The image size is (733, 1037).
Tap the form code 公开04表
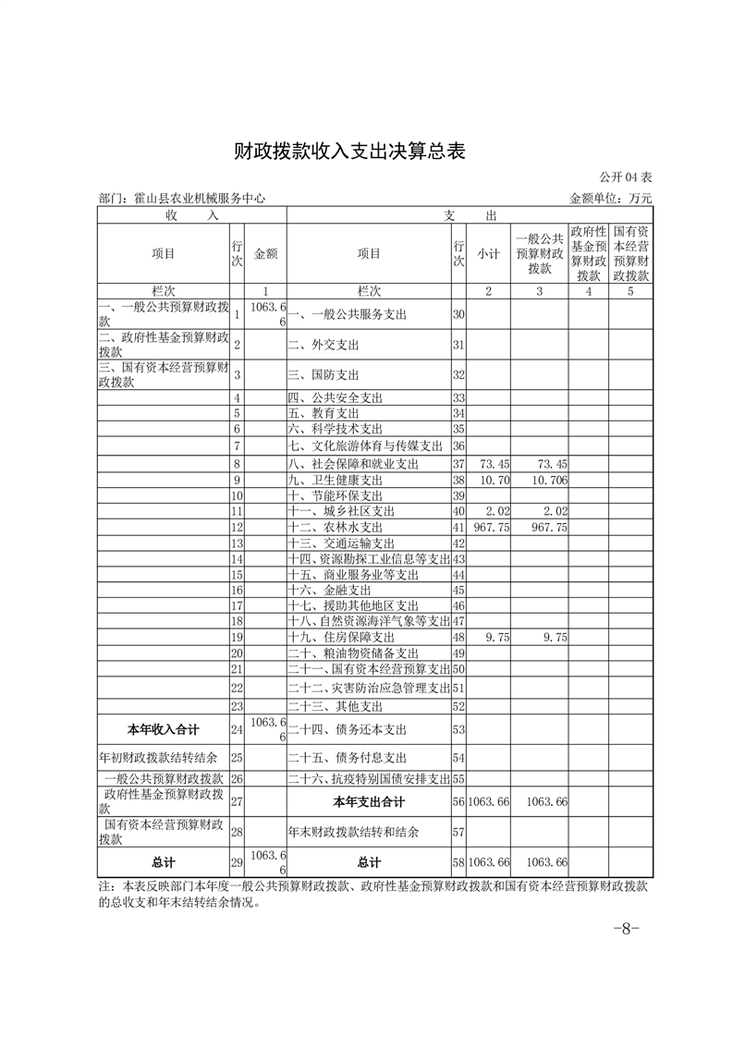pyautogui.click(x=626, y=177)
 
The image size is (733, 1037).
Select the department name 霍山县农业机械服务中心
pyautogui.click(x=181, y=198)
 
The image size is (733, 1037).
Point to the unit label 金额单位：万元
pyautogui.click(x=611, y=198)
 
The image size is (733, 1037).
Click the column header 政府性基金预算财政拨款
pyautogui.click(x=588, y=252)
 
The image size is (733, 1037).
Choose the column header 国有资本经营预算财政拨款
pyautogui.click(x=631, y=252)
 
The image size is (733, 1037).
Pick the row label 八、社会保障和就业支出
pyautogui.click(x=353, y=463)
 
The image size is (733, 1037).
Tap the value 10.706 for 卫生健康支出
pyautogui.click(x=543, y=481)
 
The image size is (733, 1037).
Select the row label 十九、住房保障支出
pyautogui.click(x=341, y=638)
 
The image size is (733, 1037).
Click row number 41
pyautogui.click(x=458, y=527)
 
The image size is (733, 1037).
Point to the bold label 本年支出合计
pyautogui.click(x=369, y=801)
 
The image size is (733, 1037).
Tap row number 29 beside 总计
pyautogui.click(x=237, y=862)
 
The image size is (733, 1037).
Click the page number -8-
pyautogui.click(x=628, y=929)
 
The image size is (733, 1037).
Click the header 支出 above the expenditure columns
pyautogui.click(x=469, y=214)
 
